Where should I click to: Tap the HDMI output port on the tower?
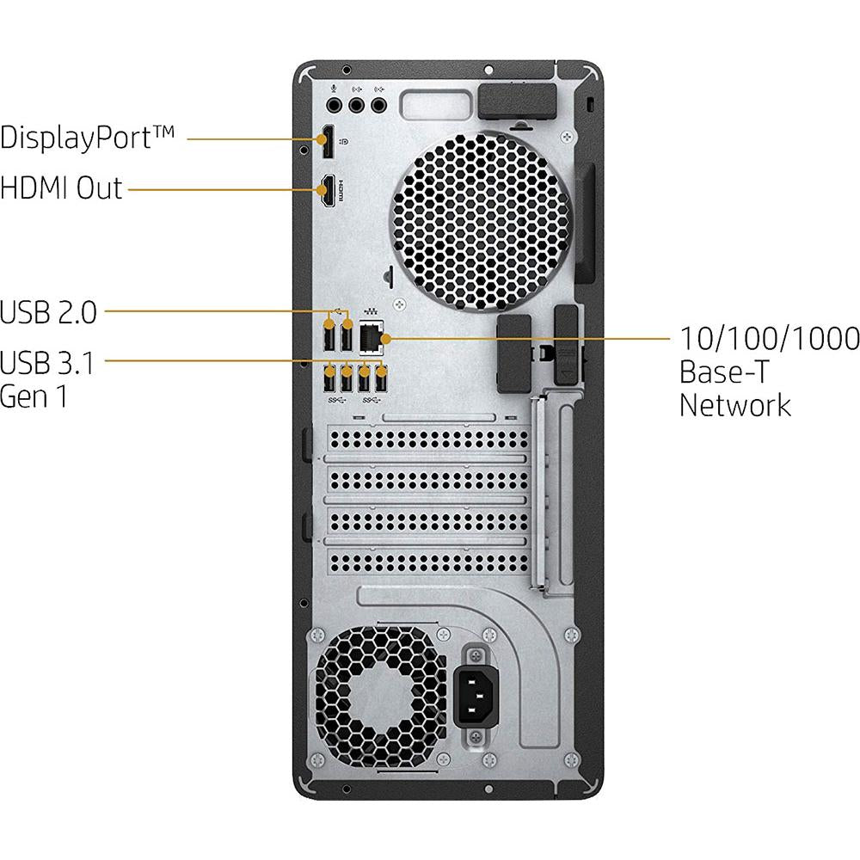tap(328, 190)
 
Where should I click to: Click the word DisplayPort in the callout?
tap(88, 138)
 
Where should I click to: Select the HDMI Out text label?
tap(62, 187)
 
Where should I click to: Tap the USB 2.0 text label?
tap(48, 311)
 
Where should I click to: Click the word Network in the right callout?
tap(734, 404)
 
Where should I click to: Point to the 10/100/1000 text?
tap(769, 339)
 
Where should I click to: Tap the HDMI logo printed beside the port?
tap(342, 191)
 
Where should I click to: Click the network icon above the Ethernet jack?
tap(372, 310)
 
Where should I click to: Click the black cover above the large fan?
tap(513, 101)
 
